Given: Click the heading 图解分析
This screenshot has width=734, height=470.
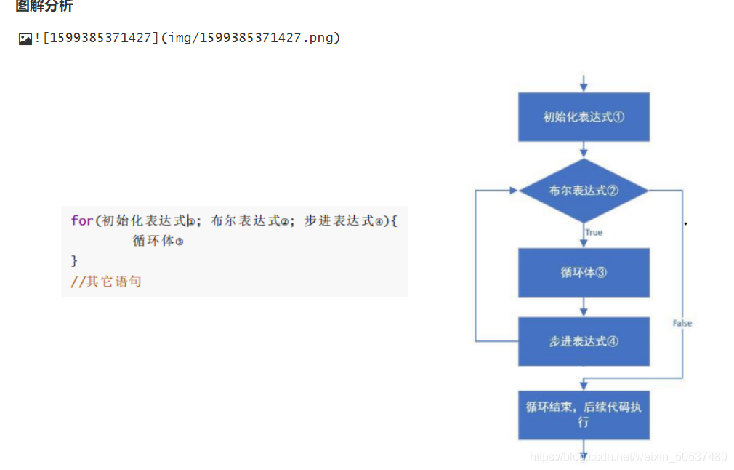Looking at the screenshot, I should coord(44,7).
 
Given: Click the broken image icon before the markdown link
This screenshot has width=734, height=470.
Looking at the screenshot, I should coord(25,39).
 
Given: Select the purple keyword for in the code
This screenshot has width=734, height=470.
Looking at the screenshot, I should coord(81,220).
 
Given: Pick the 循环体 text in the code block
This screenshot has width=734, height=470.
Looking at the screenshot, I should coord(153,241).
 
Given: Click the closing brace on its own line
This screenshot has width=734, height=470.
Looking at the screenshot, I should coord(73,260).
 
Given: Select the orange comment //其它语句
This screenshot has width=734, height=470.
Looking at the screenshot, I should coord(105,282).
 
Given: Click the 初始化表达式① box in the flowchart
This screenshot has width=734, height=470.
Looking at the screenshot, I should coord(584,116).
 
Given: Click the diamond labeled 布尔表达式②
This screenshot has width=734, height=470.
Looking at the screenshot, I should coord(584,191).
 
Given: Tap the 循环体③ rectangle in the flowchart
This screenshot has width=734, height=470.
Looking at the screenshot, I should coord(584,273).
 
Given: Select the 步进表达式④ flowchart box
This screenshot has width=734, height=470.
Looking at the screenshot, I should coord(584,341).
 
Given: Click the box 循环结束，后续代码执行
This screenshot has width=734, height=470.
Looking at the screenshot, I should coord(584,414).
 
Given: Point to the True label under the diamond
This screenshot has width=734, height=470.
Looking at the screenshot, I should coord(594,233).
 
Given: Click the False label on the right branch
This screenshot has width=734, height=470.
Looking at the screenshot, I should coord(682,323).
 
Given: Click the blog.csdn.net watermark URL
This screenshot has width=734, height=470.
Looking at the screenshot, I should coord(628,457).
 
